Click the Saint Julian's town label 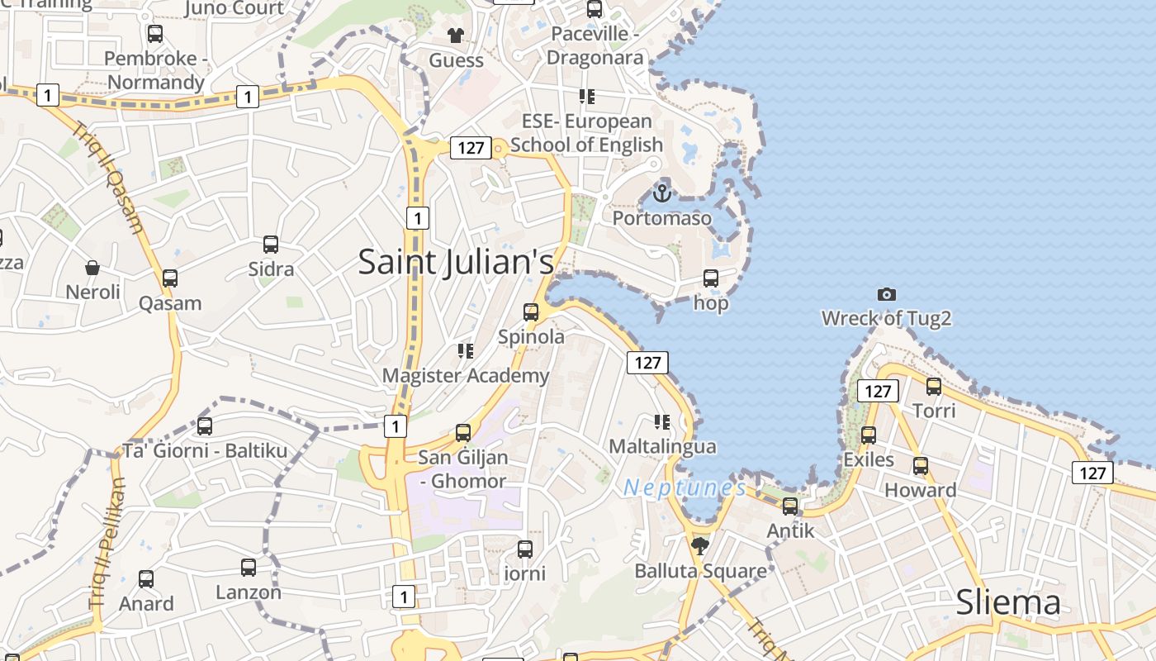(456, 262)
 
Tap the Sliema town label (1007, 602)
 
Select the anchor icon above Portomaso (661, 193)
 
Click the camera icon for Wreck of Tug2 (887, 294)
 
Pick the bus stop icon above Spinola (531, 312)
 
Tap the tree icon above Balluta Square (700, 545)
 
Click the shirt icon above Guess (455, 35)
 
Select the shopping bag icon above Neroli (92, 268)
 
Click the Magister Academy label (465, 376)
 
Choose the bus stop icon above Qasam (170, 278)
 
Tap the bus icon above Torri (934, 386)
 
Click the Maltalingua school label (662, 446)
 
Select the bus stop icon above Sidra (271, 245)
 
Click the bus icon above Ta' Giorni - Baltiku (205, 426)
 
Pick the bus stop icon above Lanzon (249, 568)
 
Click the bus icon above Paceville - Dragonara (595, 9)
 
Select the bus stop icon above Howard (921, 466)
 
